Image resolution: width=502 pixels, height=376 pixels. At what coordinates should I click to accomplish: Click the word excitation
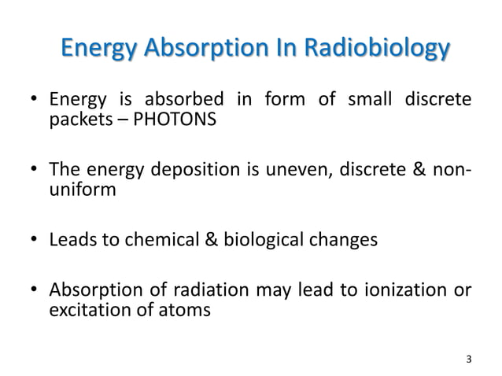[86, 310]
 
